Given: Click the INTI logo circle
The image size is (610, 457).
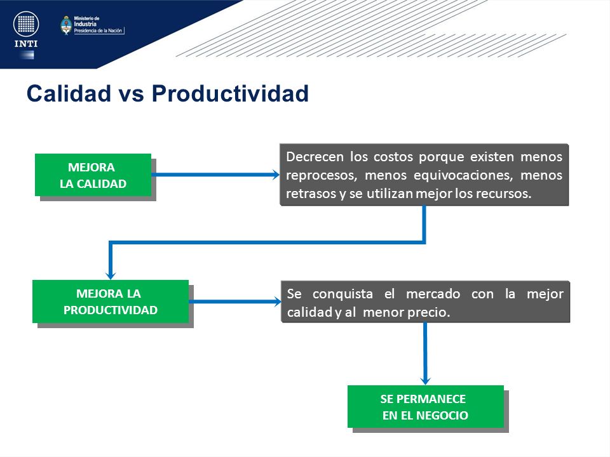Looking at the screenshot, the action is (26, 24).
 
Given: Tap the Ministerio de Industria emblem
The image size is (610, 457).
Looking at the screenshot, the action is (66, 25).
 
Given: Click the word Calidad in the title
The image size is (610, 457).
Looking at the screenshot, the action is (69, 94).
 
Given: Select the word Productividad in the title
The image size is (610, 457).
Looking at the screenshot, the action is (230, 94).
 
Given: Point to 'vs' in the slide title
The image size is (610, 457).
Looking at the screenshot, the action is (132, 95).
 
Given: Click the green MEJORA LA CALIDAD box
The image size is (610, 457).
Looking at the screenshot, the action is (93, 175).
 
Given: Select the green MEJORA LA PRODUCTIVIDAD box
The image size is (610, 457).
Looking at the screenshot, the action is (111, 301).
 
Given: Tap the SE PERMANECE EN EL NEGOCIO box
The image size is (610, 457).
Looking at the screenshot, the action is (426, 406).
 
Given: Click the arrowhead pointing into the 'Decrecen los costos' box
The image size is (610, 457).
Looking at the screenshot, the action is (276, 175).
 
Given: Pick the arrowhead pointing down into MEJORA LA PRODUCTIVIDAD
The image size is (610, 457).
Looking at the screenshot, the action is (111, 275).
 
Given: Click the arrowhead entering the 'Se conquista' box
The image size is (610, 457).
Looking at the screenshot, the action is (277, 301).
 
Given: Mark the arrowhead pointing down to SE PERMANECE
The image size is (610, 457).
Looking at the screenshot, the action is (426, 380).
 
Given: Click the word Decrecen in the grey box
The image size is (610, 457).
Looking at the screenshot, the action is (315, 157).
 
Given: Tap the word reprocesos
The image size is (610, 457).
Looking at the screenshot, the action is (322, 176).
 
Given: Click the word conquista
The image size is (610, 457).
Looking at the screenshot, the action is (342, 294).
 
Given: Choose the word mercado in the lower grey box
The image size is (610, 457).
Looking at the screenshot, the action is (433, 294).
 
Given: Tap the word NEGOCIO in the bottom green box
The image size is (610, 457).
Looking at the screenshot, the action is (442, 415).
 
